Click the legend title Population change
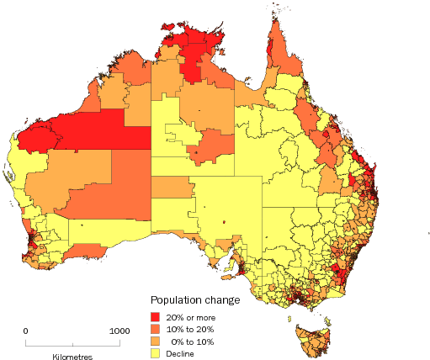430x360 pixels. coord(195,300)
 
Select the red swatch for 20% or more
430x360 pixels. coord(157,315)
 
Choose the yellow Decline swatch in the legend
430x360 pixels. coord(157,353)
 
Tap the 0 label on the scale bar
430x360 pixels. coord(25,331)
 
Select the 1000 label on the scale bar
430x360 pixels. coord(119,331)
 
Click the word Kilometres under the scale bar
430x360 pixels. coord(72,357)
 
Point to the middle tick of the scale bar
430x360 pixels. coord(72,344)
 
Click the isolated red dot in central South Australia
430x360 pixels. coord(226,222)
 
